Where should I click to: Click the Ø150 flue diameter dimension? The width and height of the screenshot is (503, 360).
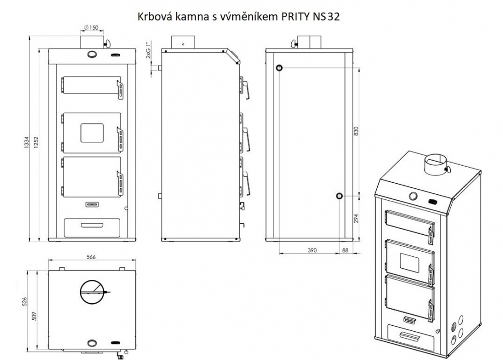point(92,28)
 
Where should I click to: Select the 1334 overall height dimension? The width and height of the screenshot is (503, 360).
point(27,142)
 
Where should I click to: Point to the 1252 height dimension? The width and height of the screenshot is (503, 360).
point(36,142)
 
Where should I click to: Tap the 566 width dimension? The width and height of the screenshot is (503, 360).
point(91,257)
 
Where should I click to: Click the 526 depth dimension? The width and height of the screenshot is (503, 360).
point(25,302)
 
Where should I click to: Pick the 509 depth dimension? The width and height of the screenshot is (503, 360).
point(34,316)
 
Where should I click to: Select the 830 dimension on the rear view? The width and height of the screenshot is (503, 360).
point(356,131)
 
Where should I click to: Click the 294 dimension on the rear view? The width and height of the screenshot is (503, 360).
point(356,219)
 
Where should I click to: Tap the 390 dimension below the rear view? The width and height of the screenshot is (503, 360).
point(312,250)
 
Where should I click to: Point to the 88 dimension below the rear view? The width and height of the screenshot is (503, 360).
point(345,250)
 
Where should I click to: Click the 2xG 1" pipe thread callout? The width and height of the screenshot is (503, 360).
point(148,50)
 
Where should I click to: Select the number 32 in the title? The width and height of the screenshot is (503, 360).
point(333,17)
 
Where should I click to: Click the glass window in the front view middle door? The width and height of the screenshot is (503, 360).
point(92,132)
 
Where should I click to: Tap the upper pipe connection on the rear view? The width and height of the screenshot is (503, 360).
point(280,67)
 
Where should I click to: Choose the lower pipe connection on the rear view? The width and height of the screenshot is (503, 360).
point(339,196)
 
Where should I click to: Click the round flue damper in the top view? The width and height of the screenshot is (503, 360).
point(92,292)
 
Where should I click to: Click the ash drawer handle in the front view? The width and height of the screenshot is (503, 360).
point(92,225)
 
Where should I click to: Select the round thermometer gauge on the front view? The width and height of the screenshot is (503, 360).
point(92,54)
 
